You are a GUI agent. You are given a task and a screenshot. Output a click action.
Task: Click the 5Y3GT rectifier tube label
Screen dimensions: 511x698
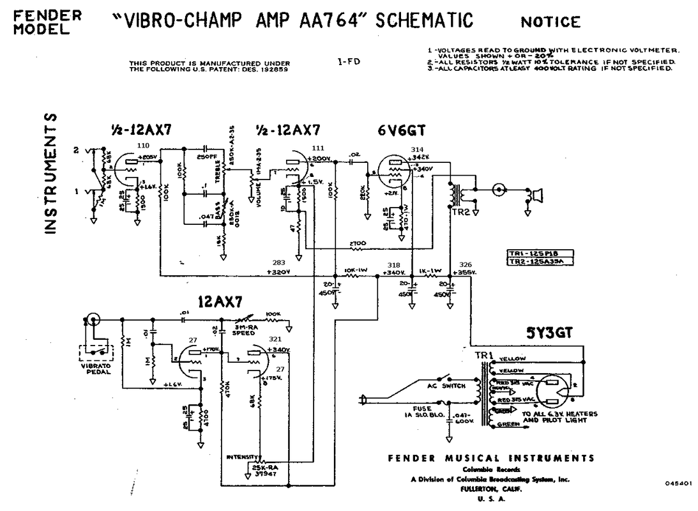pos(549,333)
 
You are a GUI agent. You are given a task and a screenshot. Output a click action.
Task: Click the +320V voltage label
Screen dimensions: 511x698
pos(279,271)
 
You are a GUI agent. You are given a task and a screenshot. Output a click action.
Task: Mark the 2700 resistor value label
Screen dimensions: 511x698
pos(358,243)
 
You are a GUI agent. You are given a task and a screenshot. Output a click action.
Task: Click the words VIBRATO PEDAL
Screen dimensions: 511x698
pos(95,370)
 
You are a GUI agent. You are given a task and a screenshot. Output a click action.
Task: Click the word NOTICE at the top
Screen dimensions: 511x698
pos(550,22)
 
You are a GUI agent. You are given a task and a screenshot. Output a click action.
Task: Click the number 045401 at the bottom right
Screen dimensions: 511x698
pos(677,484)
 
